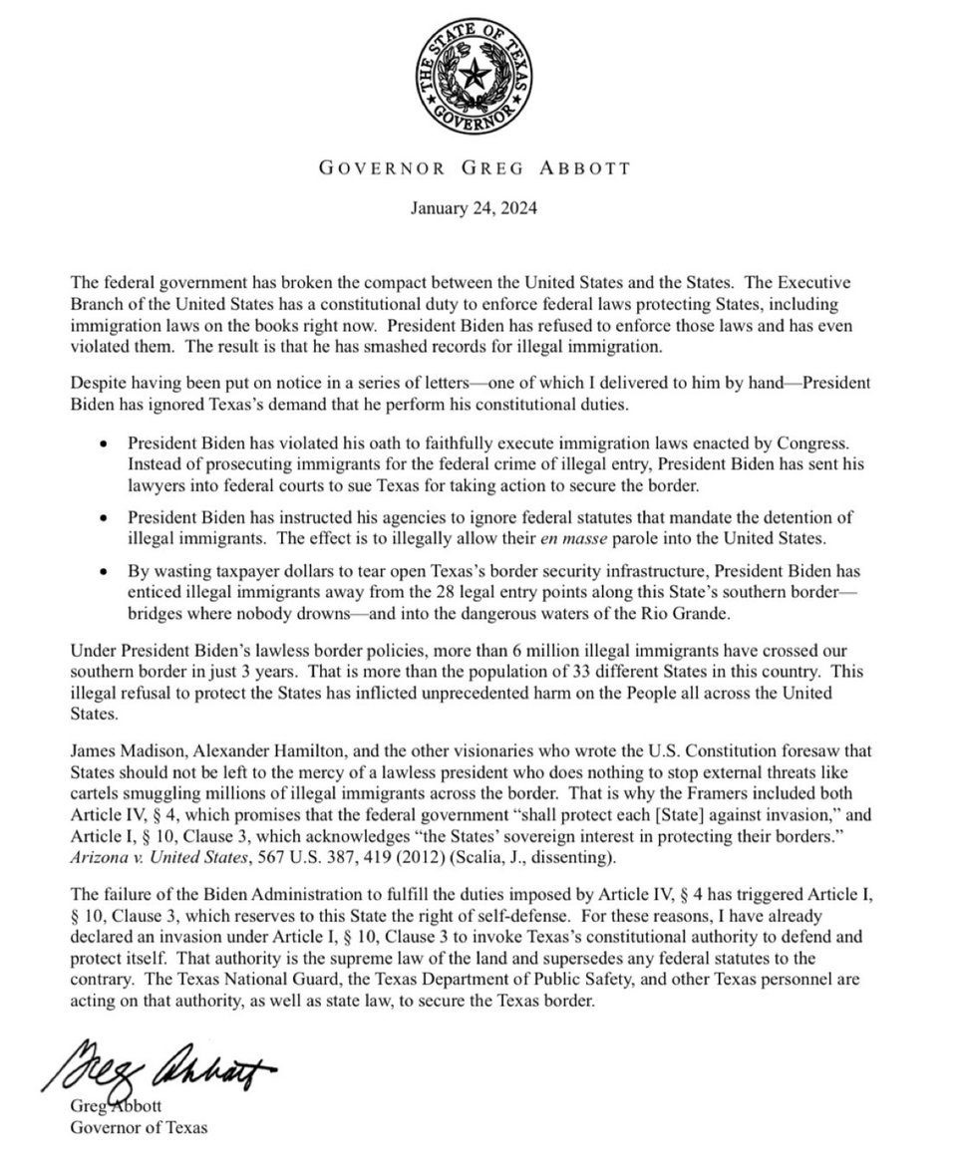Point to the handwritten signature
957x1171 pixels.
[159, 1065]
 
